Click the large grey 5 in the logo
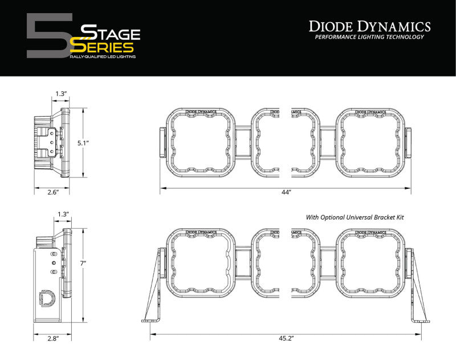pyautogui.click(x=48, y=36)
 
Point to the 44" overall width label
pyautogui.click(x=286, y=193)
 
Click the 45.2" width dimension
pyautogui.click(x=286, y=338)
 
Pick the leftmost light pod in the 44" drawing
pyautogui.click(x=200, y=141)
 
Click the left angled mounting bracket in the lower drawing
pyautogui.click(x=155, y=288)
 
